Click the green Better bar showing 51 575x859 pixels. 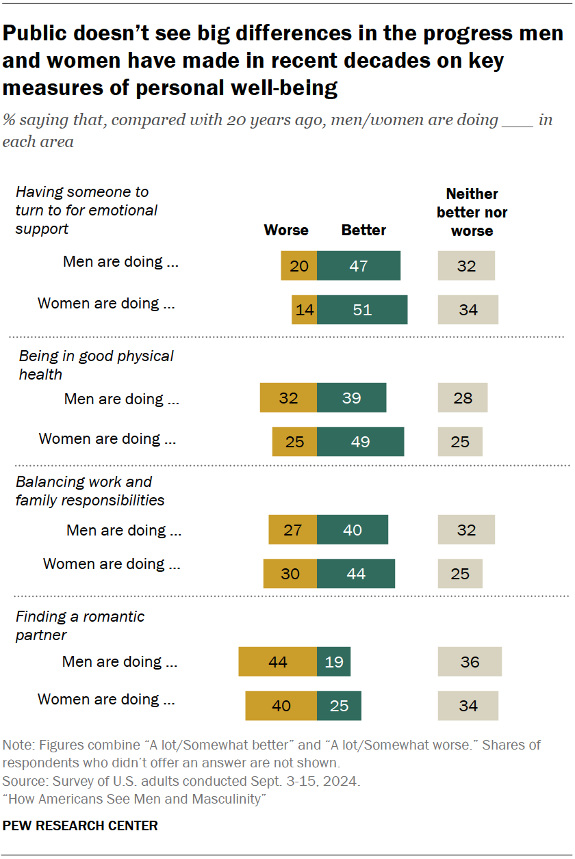point(362,310)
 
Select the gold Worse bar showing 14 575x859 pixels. point(304,310)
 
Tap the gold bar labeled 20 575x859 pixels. point(299,266)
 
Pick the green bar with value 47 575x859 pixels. point(359,266)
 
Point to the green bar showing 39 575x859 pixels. point(352,398)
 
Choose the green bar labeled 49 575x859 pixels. point(360,442)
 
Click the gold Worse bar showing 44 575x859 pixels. point(278,662)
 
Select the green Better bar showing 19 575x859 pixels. point(334,662)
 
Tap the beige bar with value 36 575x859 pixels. point(470,662)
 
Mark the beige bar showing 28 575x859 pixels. point(463,398)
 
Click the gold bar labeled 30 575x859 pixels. point(290,574)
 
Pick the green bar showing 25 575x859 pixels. point(339,706)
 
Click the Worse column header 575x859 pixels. point(286,230)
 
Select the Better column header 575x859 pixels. point(363,230)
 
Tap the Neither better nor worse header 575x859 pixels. point(472,212)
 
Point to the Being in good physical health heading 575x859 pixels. point(96,365)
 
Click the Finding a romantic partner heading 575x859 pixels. point(80,626)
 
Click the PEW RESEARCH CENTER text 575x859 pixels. point(80,825)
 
